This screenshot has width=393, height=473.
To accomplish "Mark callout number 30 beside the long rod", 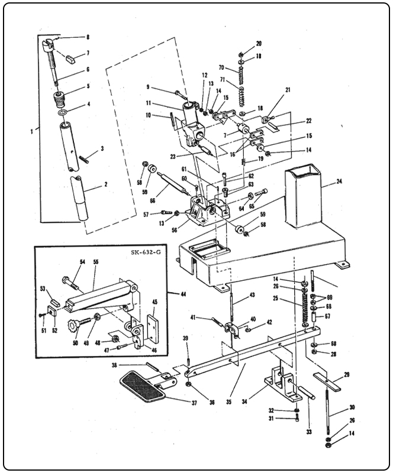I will [x=351, y=407].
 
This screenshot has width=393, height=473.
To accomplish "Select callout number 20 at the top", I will [x=241, y=45].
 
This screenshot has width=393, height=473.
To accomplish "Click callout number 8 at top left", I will [x=88, y=37].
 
